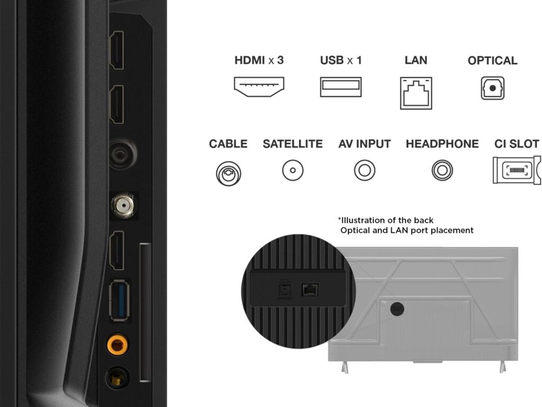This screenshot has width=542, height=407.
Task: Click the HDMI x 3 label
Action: [x=259, y=60]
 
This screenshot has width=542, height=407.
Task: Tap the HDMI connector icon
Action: [x=259, y=86]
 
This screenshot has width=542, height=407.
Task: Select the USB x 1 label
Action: [x=341, y=60]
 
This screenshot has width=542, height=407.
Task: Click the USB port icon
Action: [x=341, y=87]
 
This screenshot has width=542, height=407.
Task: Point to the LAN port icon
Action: [x=416, y=93]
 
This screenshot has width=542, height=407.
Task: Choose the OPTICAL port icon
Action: [x=493, y=88]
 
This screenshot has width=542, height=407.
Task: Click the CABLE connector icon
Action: [x=228, y=172]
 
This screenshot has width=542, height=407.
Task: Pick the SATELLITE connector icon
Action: [x=293, y=171]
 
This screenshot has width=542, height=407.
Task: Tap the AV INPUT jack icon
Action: [x=365, y=171]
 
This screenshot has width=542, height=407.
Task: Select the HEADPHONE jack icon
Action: [x=442, y=171]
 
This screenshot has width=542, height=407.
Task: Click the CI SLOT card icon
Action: [x=517, y=170]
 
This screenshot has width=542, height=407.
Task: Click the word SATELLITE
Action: [x=293, y=144]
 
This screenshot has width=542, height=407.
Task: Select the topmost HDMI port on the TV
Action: [x=116, y=50]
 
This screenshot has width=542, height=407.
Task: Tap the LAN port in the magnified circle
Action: [x=309, y=289]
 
